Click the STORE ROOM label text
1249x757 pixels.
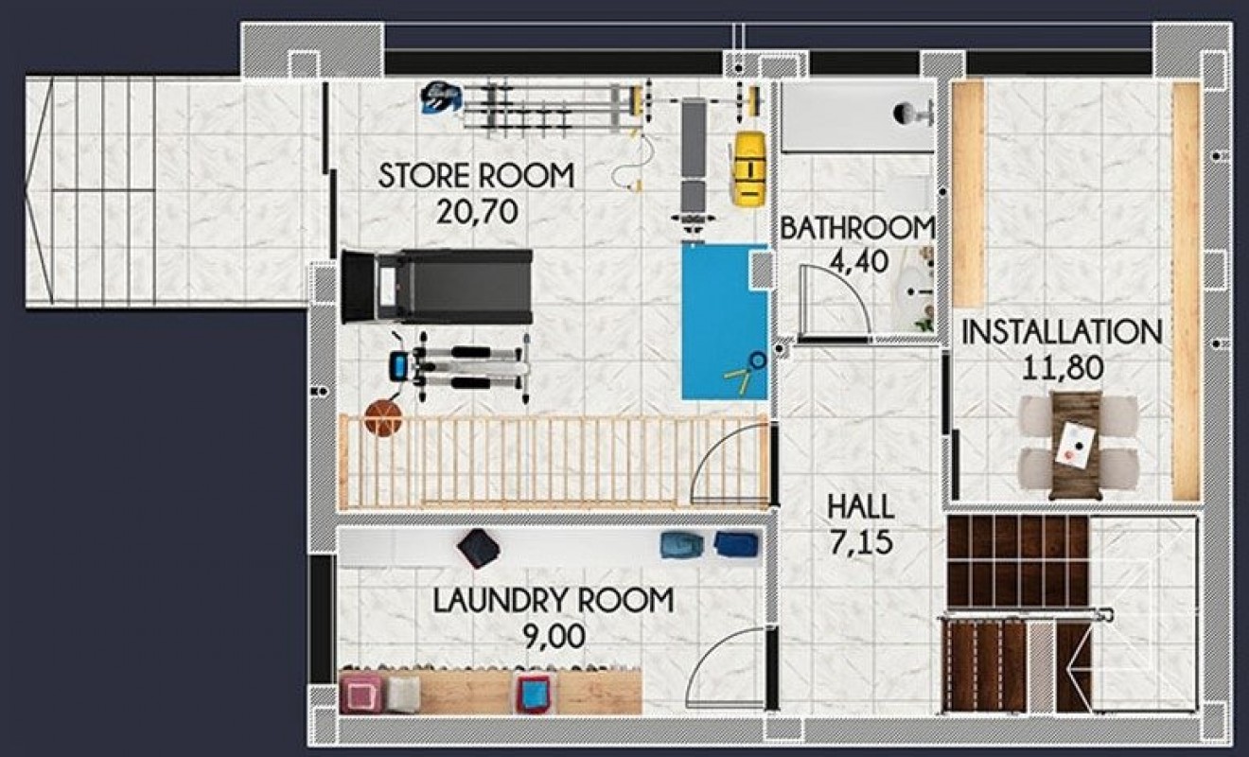476,176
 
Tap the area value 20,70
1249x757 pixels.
477,212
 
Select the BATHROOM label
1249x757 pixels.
857,228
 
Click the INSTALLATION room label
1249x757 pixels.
1062,332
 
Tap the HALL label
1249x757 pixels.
860,506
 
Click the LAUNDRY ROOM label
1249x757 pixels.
554,601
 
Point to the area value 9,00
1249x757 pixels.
554,636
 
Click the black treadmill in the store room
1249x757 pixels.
438,286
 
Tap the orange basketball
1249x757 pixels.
383,417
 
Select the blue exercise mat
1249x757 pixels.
724,322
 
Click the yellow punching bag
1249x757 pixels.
748,167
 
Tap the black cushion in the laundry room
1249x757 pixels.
479,549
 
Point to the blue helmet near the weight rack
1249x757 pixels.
439,96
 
